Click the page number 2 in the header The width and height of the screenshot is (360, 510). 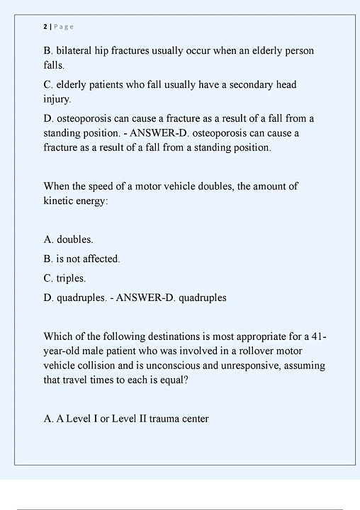click(x=45, y=27)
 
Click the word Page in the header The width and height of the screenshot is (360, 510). click(x=63, y=27)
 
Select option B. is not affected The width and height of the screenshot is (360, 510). click(x=81, y=259)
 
